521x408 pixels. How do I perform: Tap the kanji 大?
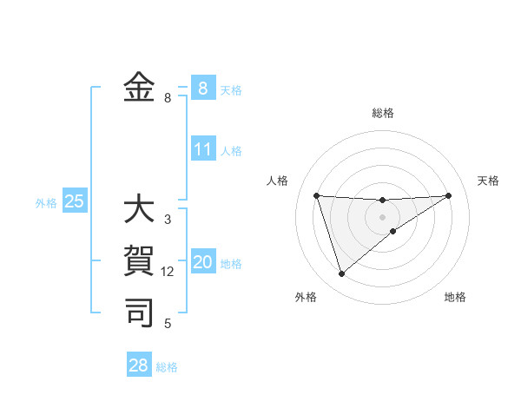139,210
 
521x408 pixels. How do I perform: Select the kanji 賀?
139,260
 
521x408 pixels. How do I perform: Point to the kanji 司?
139,312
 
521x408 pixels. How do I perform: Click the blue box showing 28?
139,365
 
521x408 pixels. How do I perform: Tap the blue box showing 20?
202,263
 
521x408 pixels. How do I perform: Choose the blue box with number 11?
203,149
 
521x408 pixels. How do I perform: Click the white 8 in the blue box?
202,88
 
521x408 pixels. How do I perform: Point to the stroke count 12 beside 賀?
168,272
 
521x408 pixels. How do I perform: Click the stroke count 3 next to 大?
168,220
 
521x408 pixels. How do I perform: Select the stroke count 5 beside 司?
168,324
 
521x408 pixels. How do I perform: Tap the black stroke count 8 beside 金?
168,98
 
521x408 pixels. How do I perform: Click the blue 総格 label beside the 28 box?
167,367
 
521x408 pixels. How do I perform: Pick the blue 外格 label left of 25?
46,203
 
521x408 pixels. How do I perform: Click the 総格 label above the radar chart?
383,113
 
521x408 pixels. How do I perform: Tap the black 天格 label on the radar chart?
488,181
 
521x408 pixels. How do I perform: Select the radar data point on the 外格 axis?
341,273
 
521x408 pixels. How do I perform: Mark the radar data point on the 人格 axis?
317,195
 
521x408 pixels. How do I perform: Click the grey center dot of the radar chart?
383,216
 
